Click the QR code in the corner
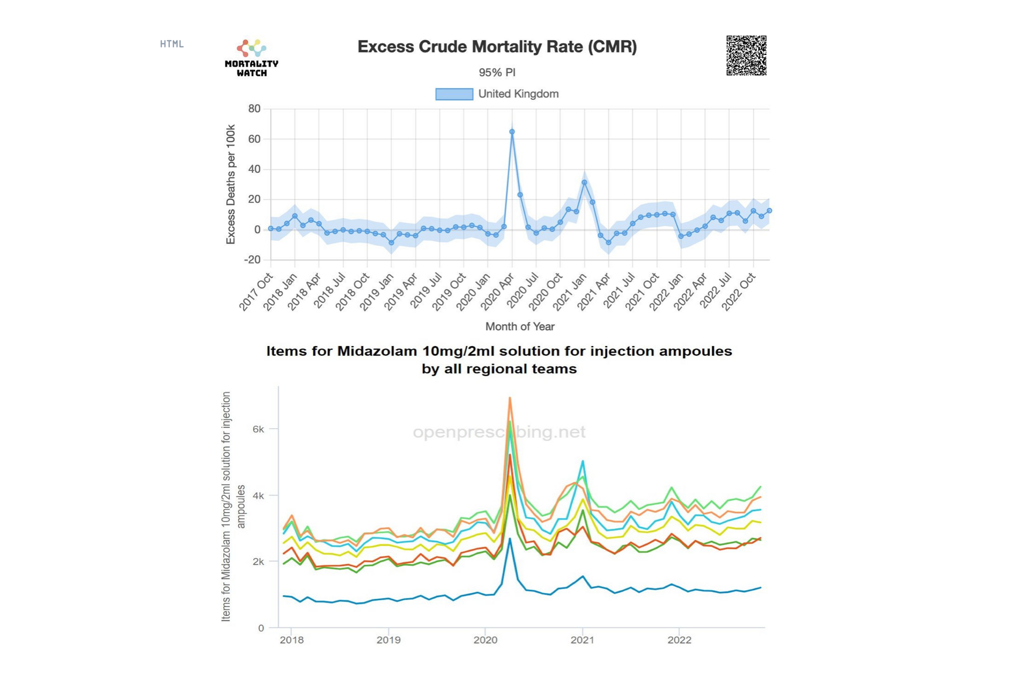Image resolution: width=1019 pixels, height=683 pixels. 746,56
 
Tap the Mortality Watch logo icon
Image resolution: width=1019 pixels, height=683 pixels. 251,48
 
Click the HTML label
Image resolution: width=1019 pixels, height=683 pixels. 172,44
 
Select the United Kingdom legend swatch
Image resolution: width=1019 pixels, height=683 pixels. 454,94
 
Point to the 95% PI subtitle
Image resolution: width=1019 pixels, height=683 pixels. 497,72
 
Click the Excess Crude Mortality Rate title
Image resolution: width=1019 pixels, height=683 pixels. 497,47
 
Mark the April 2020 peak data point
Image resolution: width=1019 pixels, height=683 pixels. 512,132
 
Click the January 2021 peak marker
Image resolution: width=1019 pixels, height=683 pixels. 584,182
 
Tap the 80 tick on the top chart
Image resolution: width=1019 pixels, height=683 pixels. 254,109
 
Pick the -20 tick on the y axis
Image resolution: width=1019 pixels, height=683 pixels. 252,260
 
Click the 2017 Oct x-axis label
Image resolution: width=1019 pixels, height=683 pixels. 256,292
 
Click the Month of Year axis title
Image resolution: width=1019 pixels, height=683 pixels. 520,327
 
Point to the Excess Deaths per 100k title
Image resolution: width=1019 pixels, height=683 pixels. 231,185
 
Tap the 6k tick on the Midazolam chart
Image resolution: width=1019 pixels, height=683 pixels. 258,429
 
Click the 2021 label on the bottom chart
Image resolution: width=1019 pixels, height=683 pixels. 582,640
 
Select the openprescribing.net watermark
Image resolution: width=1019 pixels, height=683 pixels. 499,432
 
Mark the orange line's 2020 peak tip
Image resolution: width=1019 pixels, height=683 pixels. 510,398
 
